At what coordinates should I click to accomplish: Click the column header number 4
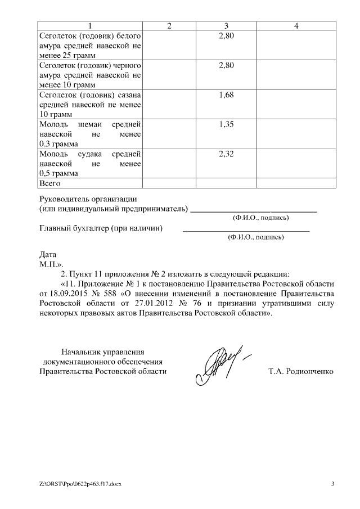click(296, 26)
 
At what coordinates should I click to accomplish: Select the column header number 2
click(169, 26)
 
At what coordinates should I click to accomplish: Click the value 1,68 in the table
click(226, 94)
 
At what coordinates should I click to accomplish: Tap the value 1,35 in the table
click(226, 124)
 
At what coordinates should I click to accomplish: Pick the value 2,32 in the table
click(226, 154)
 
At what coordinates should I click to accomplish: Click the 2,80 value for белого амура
click(226, 36)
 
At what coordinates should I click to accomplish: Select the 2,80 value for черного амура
click(226, 65)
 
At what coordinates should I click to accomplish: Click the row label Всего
click(49, 183)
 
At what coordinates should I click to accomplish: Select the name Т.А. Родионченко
click(301, 371)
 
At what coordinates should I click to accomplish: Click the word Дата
click(48, 254)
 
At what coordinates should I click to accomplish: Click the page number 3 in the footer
click(332, 484)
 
